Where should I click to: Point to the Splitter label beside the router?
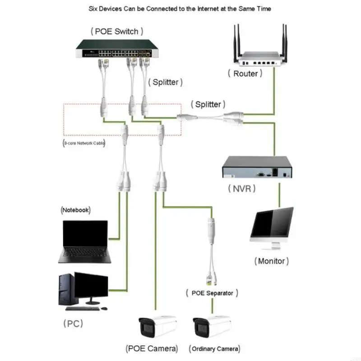pos(208,104)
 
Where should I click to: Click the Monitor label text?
pos(271,261)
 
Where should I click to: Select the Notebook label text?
pos(75,210)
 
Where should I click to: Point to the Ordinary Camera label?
pos(215,348)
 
